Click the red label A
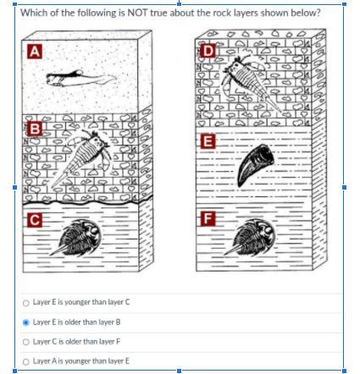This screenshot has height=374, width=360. pyautogui.click(x=35, y=52)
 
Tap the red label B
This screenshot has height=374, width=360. pyautogui.click(x=35, y=129)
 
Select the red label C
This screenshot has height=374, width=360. pyautogui.click(x=35, y=220)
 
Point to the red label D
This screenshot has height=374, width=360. pyautogui.click(x=208, y=51)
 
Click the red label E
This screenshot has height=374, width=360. pyautogui.click(x=208, y=141)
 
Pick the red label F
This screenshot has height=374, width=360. pyautogui.click(x=208, y=219)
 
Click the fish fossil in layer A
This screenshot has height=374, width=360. pyautogui.click(x=80, y=78)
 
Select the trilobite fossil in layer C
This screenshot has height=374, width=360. pyautogui.click(x=76, y=239)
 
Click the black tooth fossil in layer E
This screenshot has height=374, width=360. pyautogui.click(x=256, y=164)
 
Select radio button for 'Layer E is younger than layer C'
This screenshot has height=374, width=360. pyautogui.click(x=25, y=303)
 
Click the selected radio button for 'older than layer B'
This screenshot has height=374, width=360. pyautogui.click(x=25, y=322)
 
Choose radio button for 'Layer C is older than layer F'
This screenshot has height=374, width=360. pyautogui.click(x=25, y=342)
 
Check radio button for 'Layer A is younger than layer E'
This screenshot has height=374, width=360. pyautogui.click(x=25, y=361)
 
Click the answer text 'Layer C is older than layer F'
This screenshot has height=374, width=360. pyautogui.click(x=76, y=342)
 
